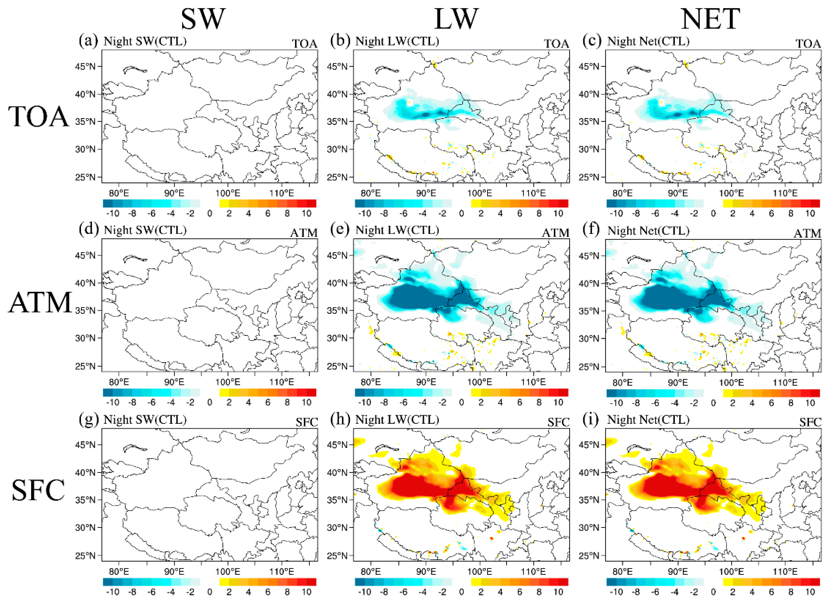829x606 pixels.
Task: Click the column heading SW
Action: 203,19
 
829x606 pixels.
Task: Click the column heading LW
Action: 456,19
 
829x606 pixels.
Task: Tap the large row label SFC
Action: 38,491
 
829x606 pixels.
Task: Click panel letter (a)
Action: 88,40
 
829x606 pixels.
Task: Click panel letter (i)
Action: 591,419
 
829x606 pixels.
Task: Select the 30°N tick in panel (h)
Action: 337,527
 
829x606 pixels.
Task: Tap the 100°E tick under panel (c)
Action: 731,193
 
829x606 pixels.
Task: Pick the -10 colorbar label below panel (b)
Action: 364,213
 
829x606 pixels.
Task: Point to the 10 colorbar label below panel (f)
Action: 810,403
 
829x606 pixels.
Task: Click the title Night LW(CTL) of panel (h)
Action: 397,419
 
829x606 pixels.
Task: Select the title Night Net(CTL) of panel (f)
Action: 648,230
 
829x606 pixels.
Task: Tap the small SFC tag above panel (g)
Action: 306,422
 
